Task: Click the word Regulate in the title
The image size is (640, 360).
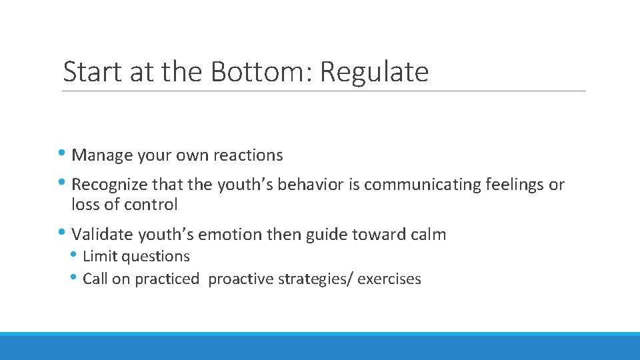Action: (x=374, y=72)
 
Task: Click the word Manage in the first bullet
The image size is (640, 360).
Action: (x=102, y=155)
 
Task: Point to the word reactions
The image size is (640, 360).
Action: (x=248, y=155)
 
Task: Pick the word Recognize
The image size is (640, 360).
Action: (x=110, y=185)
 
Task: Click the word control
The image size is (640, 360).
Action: (x=154, y=205)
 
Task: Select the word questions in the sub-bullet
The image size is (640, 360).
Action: (x=157, y=257)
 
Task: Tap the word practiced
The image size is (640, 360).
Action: (x=167, y=279)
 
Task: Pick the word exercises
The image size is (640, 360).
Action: (x=389, y=279)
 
